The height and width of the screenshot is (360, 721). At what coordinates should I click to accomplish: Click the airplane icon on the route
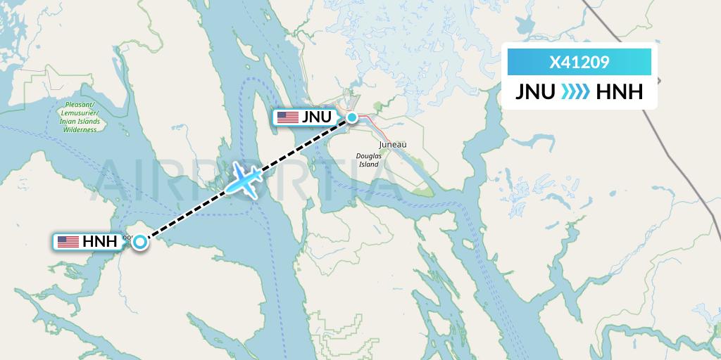245,178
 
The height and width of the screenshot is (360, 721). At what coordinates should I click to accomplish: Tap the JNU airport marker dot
351,117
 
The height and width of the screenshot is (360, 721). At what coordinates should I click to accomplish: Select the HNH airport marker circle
140,242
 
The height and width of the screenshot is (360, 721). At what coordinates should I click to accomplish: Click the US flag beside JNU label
288,117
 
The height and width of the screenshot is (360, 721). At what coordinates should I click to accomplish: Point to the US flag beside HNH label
68,242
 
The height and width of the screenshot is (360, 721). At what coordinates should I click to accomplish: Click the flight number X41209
579,62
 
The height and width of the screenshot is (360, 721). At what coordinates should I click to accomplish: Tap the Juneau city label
393,144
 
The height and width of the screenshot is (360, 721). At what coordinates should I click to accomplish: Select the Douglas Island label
369,160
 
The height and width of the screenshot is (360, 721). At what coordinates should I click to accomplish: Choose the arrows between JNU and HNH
575,93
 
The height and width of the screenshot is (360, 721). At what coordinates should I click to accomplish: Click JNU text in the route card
534,93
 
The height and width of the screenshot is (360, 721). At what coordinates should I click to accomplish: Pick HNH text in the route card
619,93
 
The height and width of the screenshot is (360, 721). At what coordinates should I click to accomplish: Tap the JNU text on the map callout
316,117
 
